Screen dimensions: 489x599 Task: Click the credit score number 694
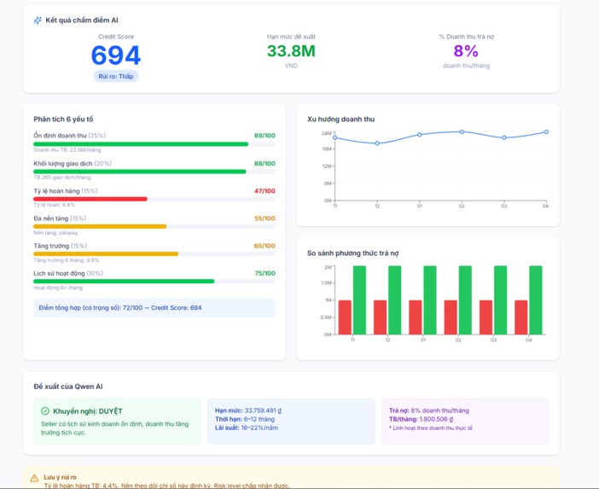[115, 55]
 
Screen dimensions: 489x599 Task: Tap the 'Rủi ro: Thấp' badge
[115, 76]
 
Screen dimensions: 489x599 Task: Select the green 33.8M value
[291, 51]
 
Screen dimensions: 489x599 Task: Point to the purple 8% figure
[466, 51]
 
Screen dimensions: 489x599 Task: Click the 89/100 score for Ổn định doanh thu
[265, 136]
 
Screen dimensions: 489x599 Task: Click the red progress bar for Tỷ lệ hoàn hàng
[90, 199]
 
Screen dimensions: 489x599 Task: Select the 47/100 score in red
[265, 191]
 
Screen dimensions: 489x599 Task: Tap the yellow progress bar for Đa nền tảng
[100, 226]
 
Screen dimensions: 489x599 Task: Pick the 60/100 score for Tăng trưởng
[265, 246]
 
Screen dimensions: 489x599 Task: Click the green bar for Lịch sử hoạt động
[124, 281]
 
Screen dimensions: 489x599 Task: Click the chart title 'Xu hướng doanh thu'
[340, 119]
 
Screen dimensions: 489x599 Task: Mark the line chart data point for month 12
[377, 143]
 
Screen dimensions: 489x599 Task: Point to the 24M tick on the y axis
[326, 133]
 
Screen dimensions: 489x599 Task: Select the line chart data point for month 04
[546, 132]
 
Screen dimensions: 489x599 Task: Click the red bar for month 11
[345, 317]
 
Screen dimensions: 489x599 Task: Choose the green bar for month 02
[464, 300]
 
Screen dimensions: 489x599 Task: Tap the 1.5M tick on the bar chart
[326, 283]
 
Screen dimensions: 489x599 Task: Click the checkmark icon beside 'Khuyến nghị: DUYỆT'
[45, 411]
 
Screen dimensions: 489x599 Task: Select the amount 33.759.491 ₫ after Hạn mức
[259, 410]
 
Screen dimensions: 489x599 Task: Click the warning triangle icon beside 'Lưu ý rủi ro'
[35, 478]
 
